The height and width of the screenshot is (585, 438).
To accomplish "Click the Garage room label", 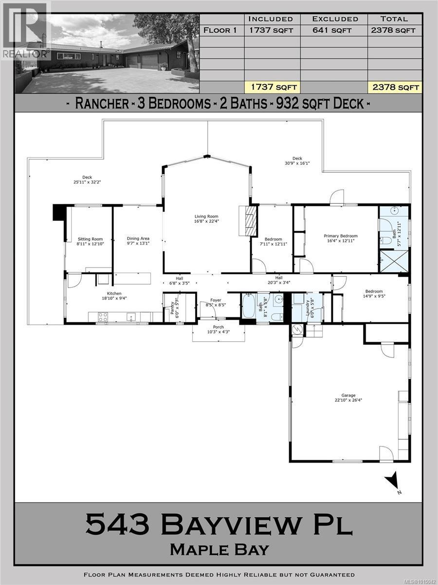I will (348, 395).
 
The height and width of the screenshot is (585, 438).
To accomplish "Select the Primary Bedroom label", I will (341, 236).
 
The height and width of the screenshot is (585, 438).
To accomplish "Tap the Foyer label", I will (216, 300).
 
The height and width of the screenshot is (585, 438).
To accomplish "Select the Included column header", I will (271, 19).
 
